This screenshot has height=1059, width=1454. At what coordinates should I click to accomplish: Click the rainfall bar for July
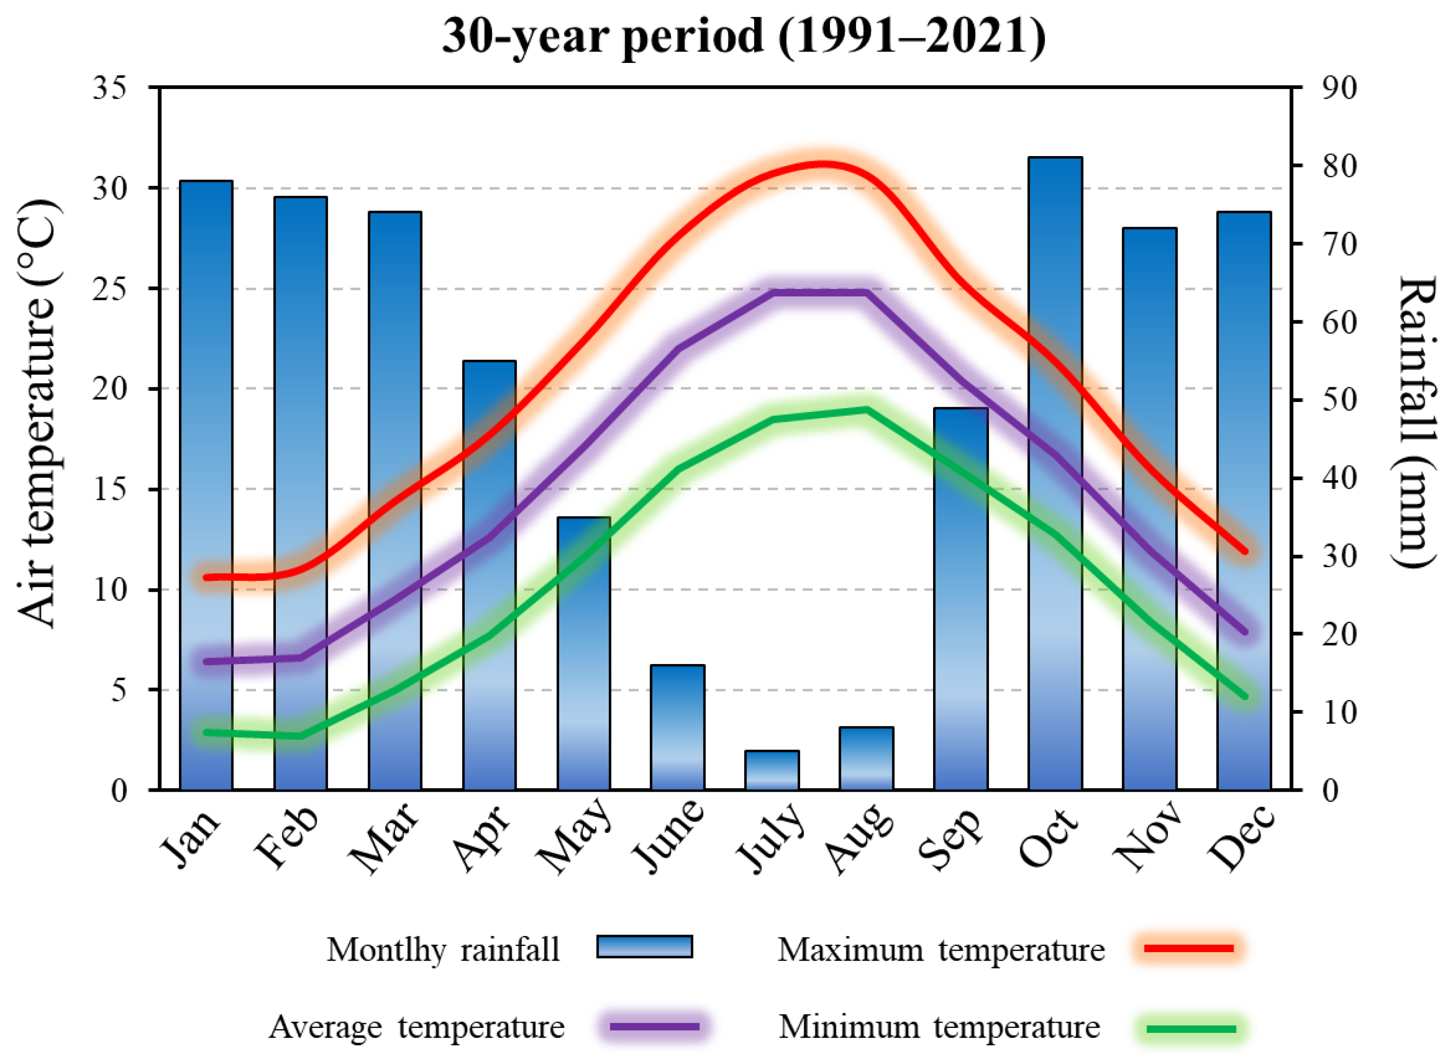772,770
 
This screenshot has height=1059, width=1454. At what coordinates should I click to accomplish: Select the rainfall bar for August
866,758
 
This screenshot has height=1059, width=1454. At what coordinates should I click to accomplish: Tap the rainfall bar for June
678,727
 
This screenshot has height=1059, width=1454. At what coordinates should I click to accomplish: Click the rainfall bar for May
583,654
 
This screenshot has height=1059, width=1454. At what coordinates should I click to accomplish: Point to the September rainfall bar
961,599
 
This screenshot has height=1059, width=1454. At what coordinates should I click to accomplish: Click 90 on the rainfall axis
1339,87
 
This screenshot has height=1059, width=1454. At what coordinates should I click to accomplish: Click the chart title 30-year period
744,36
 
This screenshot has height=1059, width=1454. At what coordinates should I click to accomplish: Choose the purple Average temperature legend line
654,1027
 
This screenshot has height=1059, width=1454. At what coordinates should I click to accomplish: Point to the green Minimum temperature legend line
1191,1029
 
